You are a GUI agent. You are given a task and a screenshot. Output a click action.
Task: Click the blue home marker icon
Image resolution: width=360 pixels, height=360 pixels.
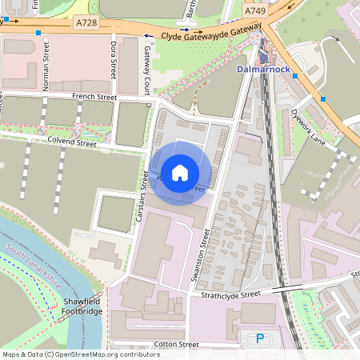tap(180, 173)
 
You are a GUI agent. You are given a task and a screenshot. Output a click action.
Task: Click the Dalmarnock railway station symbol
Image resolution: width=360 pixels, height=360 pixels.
tap(264, 58)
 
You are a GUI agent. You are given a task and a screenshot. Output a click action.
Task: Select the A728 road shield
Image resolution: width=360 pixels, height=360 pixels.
tap(86, 23)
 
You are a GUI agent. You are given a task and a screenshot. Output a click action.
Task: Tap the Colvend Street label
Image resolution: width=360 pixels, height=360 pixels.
tap(73, 144)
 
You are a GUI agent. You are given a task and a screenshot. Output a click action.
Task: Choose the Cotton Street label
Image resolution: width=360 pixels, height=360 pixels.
tap(177, 344)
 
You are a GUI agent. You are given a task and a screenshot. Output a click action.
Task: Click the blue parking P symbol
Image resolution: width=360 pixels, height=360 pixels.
tap(260, 339)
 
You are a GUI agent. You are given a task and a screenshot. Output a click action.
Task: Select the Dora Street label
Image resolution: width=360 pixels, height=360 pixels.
tap(114, 56)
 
